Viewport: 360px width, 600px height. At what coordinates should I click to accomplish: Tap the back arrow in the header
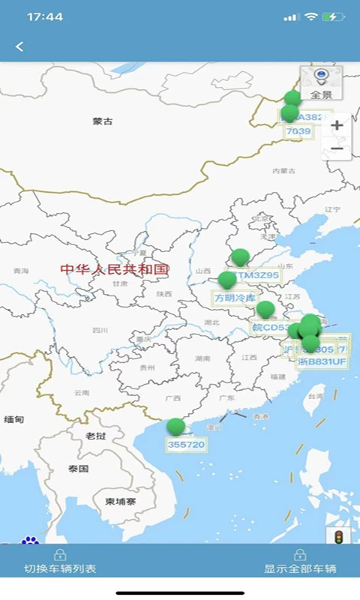pyautogui.click(x=19, y=46)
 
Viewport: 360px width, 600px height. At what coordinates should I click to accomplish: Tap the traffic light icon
pyautogui.click(x=338, y=537)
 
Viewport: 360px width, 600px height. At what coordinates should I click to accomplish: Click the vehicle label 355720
pyautogui.click(x=186, y=445)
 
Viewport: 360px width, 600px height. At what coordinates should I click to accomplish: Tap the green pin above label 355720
pyautogui.click(x=175, y=427)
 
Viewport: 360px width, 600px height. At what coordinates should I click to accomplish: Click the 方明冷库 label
pyautogui.click(x=235, y=298)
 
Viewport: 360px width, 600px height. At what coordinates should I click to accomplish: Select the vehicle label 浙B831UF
pyautogui.click(x=322, y=362)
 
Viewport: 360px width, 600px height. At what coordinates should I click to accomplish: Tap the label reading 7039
pyautogui.click(x=298, y=131)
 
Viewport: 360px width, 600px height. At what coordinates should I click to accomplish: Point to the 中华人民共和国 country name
pyautogui.click(x=115, y=269)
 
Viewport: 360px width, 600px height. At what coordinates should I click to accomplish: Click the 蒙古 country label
pyautogui.click(x=103, y=121)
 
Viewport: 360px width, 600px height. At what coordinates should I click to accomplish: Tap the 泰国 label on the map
pyautogui.click(x=79, y=469)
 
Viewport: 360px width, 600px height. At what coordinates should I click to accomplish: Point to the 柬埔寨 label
pyautogui.click(x=120, y=502)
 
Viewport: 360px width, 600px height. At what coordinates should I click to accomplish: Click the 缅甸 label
pyautogui.click(x=14, y=420)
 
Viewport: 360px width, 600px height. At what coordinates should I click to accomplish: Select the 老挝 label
pyautogui.click(x=96, y=436)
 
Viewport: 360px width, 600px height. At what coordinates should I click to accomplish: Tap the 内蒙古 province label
pyautogui.click(x=284, y=172)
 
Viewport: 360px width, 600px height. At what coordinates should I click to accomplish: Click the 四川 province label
pyautogui.click(x=100, y=330)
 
